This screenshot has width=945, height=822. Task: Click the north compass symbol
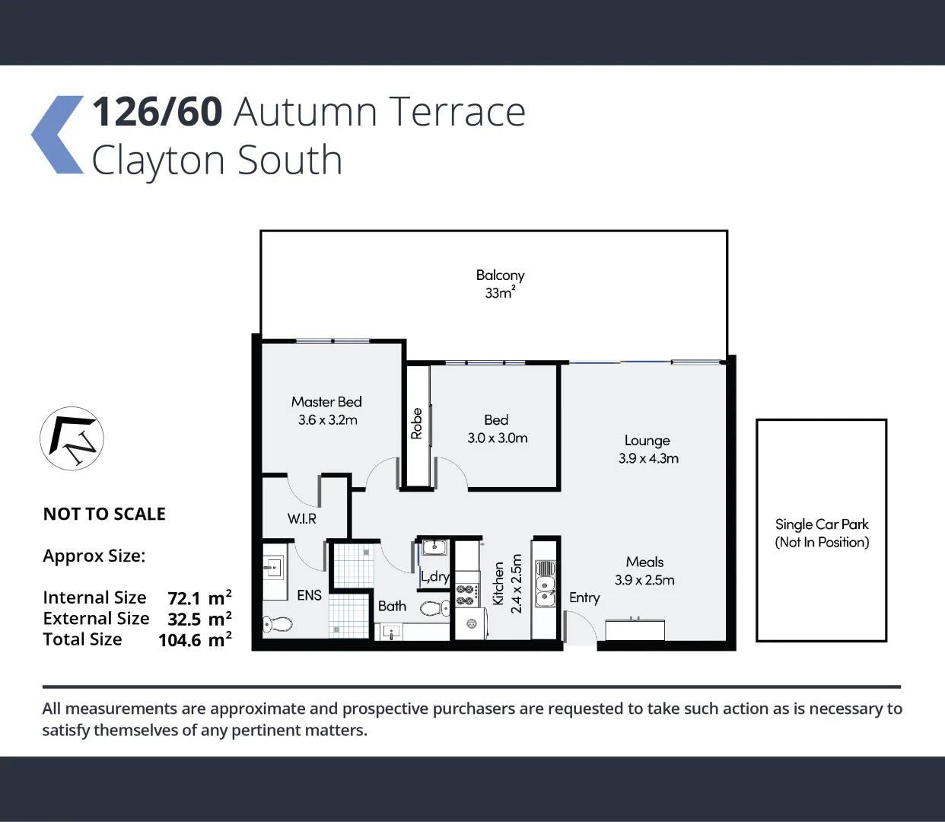coord(72,438)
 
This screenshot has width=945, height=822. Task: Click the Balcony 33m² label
coord(500,284)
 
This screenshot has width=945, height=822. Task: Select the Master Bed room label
coord(326,402)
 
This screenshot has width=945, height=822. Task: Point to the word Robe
coord(416,424)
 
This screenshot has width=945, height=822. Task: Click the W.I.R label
coord(301,519)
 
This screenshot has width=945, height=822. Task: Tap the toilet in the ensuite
coord(278,625)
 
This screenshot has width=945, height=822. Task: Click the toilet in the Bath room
coord(434,608)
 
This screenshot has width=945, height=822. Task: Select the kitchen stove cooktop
coord(466,595)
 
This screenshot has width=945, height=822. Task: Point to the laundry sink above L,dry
coord(434,547)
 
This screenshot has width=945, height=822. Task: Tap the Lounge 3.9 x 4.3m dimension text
coord(648,458)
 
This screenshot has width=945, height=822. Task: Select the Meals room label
coord(644,562)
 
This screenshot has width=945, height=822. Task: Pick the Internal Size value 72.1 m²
coord(199,598)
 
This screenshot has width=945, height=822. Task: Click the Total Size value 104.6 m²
coord(195,640)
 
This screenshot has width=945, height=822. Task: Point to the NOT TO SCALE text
coord(104,515)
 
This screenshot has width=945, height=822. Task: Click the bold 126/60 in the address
coord(157,112)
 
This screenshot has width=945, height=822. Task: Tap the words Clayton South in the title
coord(217,161)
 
